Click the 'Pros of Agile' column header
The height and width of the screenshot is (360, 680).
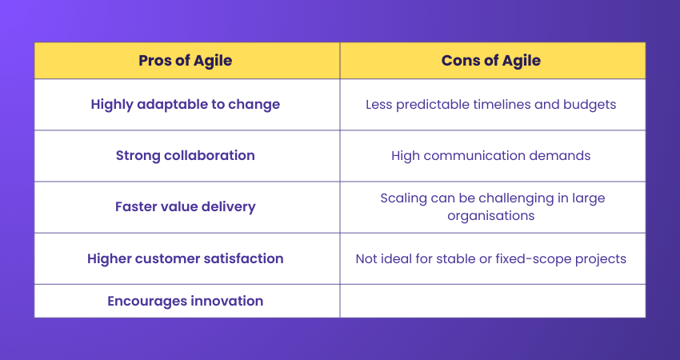pos(186,61)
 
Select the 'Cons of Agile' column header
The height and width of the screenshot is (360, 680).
pos(491,61)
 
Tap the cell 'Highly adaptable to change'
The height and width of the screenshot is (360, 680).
pos(186,104)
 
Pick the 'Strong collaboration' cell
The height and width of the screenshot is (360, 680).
pos(186,155)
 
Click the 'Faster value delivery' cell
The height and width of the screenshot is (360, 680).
pos(186,206)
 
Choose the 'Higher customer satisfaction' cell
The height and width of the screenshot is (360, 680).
pos(186,258)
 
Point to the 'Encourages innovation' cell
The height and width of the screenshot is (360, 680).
pos(186,301)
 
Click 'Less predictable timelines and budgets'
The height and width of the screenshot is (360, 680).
pos(491,104)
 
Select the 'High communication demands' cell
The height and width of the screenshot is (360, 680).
pos(491,155)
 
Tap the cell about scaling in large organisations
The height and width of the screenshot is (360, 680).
pos(491,206)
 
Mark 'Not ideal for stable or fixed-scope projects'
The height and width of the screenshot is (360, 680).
pos(491,258)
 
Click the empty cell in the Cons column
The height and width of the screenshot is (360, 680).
pos(491,301)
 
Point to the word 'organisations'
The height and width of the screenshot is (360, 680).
pos(491,215)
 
